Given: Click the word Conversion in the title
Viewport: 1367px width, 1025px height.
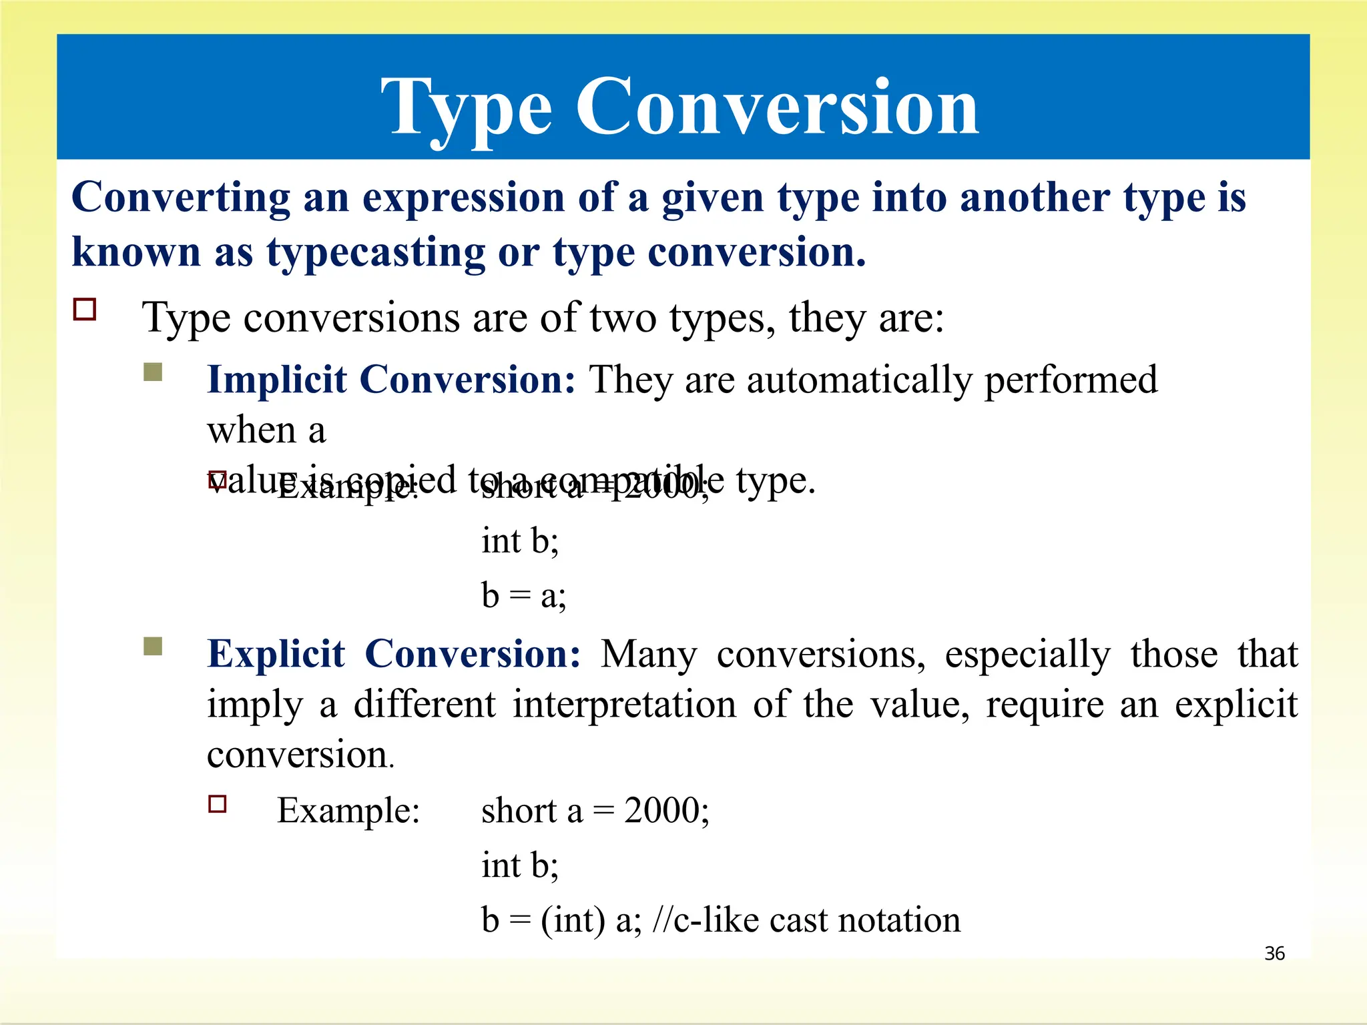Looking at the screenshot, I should [x=777, y=107].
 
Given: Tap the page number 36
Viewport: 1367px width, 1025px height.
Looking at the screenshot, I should [x=1274, y=953].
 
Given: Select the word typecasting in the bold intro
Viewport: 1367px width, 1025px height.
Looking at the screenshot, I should [x=376, y=254].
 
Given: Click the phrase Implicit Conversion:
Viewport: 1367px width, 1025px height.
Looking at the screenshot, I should [x=391, y=380].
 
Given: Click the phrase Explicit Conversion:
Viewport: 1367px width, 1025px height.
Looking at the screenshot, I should [x=394, y=654].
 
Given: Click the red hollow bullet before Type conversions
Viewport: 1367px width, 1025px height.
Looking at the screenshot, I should [x=85, y=310].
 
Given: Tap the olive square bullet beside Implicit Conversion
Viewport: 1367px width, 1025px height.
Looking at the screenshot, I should [x=153, y=372].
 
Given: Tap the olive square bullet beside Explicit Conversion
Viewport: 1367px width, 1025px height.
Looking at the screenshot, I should [x=153, y=646].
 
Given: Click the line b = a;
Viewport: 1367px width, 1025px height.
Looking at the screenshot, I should [x=523, y=596].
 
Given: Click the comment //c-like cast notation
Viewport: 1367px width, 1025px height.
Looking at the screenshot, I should [x=806, y=920].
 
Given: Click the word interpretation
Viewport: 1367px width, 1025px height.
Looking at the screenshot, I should [x=624, y=705].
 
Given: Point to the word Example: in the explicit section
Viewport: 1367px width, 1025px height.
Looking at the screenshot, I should [x=348, y=811].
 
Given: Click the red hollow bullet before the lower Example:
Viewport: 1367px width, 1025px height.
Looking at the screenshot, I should [x=218, y=803].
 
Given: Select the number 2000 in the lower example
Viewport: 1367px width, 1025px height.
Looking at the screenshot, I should [x=661, y=811].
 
